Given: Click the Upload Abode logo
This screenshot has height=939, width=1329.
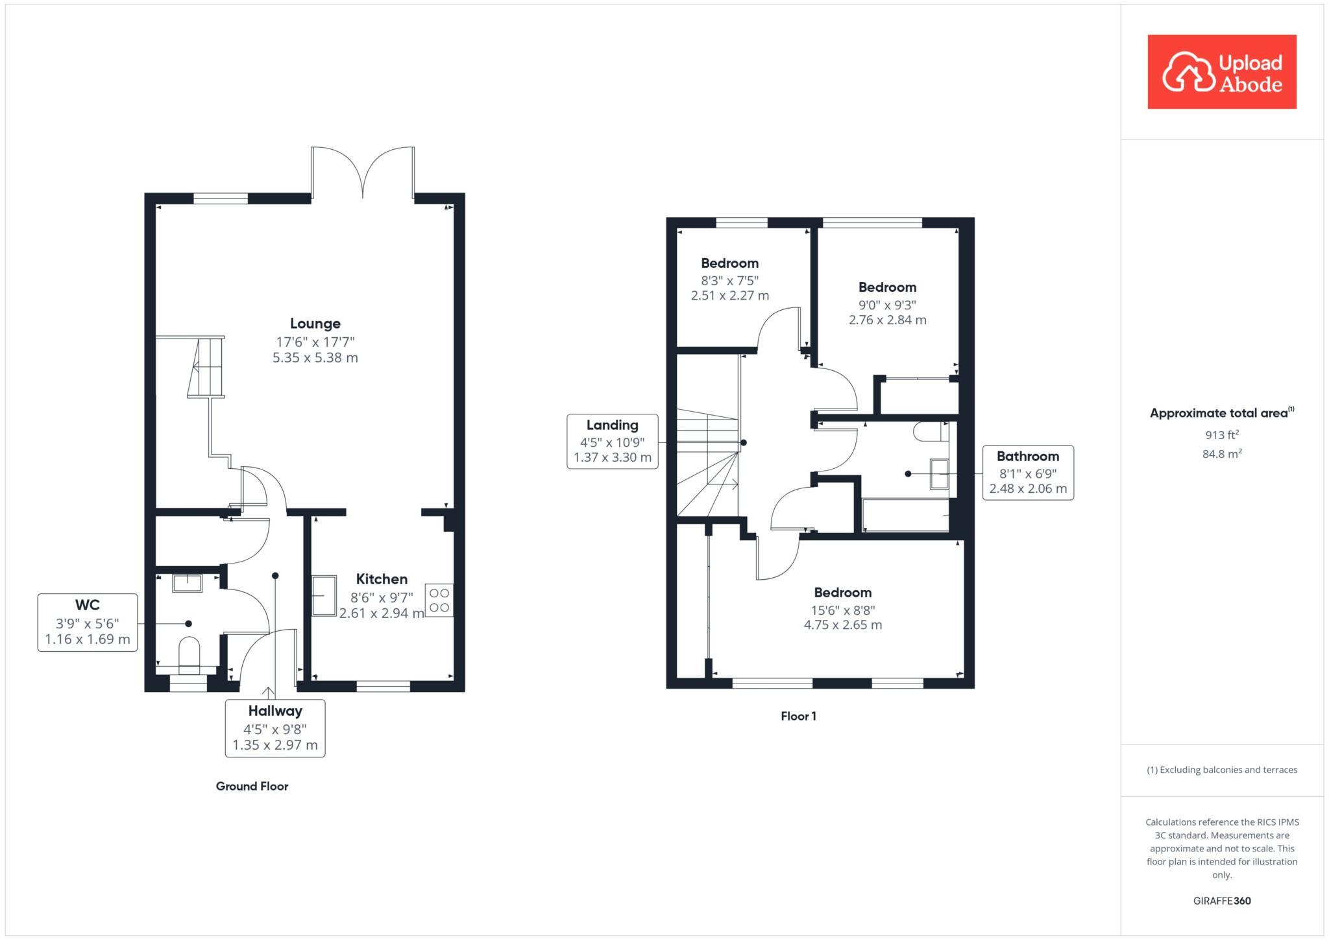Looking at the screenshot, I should (x=1221, y=72).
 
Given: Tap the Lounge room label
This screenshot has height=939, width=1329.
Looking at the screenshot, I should (x=315, y=324).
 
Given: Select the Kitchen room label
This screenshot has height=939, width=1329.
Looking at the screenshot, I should (x=382, y=579).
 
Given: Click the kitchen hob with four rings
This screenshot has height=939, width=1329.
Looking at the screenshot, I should (x=439, y=600).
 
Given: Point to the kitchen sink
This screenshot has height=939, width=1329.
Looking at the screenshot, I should (x=324, y=595).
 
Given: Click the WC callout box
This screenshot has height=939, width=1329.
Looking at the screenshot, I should (x=88, y=623).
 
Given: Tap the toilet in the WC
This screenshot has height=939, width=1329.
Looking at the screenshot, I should (x=189, y=652).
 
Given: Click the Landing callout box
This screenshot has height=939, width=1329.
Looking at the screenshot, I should (x=612, y=442).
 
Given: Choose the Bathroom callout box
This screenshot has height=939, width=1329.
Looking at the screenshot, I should (x=1027, y=472).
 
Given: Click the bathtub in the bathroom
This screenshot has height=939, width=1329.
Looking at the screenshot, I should (x=906, y=515).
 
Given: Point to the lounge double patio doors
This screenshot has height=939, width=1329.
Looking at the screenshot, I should (x=363, y=172).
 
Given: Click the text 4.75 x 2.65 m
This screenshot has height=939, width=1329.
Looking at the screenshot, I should (x=842, y=625).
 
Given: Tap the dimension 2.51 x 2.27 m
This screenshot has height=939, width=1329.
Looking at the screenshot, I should (x=729, y=296).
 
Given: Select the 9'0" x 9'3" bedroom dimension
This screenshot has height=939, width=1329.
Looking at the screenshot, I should (x=887, y=305).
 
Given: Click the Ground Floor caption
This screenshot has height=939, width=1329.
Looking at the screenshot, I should (x=252, y=786).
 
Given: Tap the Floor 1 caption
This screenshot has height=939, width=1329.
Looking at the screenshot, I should (x=798, y=716).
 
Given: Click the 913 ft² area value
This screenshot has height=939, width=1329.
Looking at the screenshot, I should (x=1221, y=435).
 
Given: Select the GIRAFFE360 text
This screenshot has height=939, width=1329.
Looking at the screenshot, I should (x=1221, y=901).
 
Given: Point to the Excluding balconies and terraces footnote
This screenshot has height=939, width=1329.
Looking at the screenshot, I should (x=1221, y=770).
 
